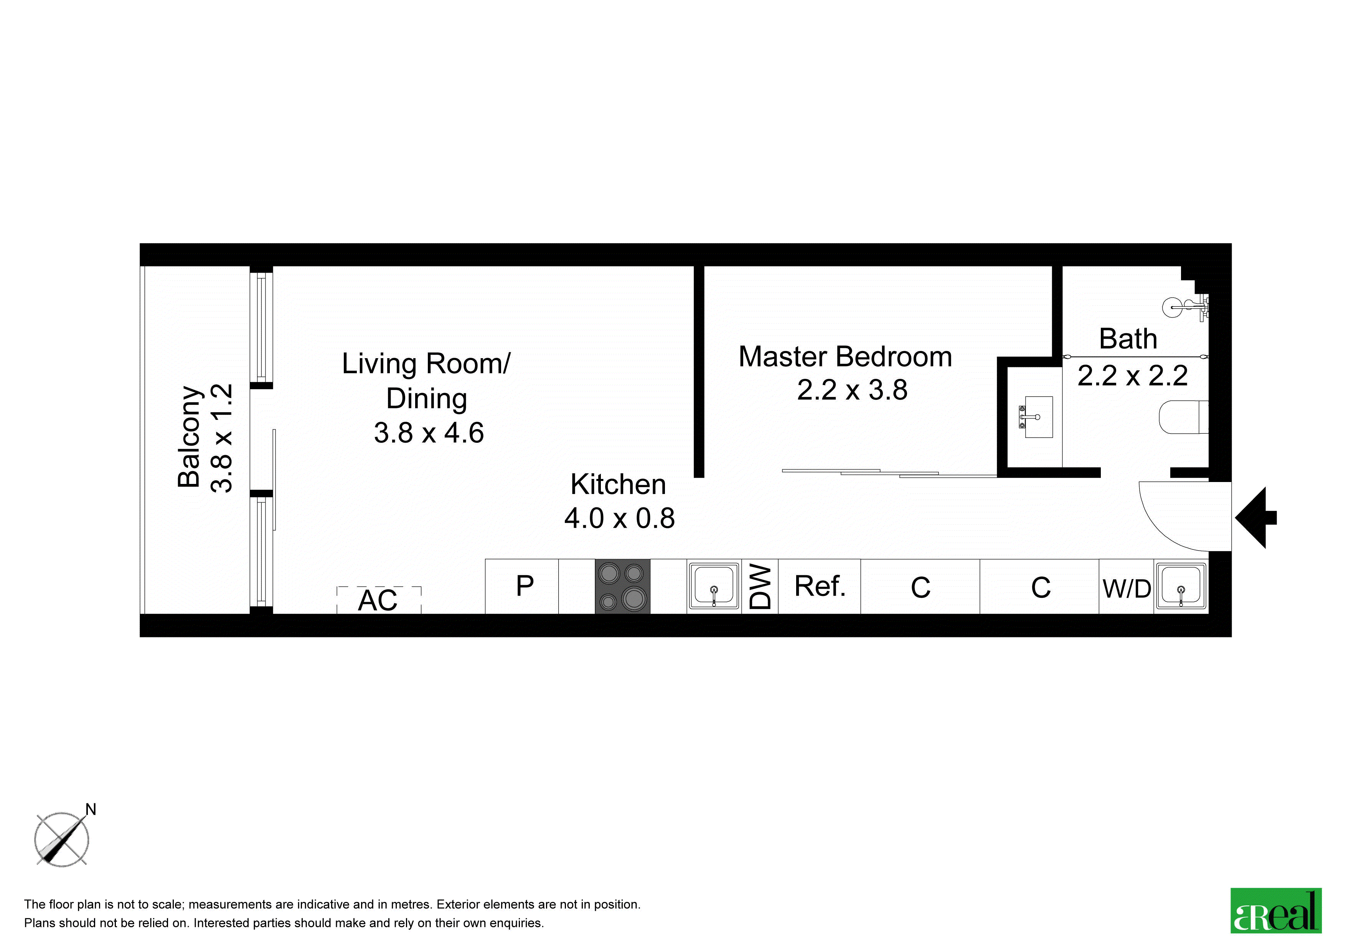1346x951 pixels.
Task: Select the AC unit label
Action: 378,600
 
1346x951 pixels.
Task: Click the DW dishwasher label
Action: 760,587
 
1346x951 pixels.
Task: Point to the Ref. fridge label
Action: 820,586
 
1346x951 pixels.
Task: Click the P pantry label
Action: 525,586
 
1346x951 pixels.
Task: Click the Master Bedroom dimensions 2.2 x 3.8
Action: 852,390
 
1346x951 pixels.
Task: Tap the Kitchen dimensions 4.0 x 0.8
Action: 619,518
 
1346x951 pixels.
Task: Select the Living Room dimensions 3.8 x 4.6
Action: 429,433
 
